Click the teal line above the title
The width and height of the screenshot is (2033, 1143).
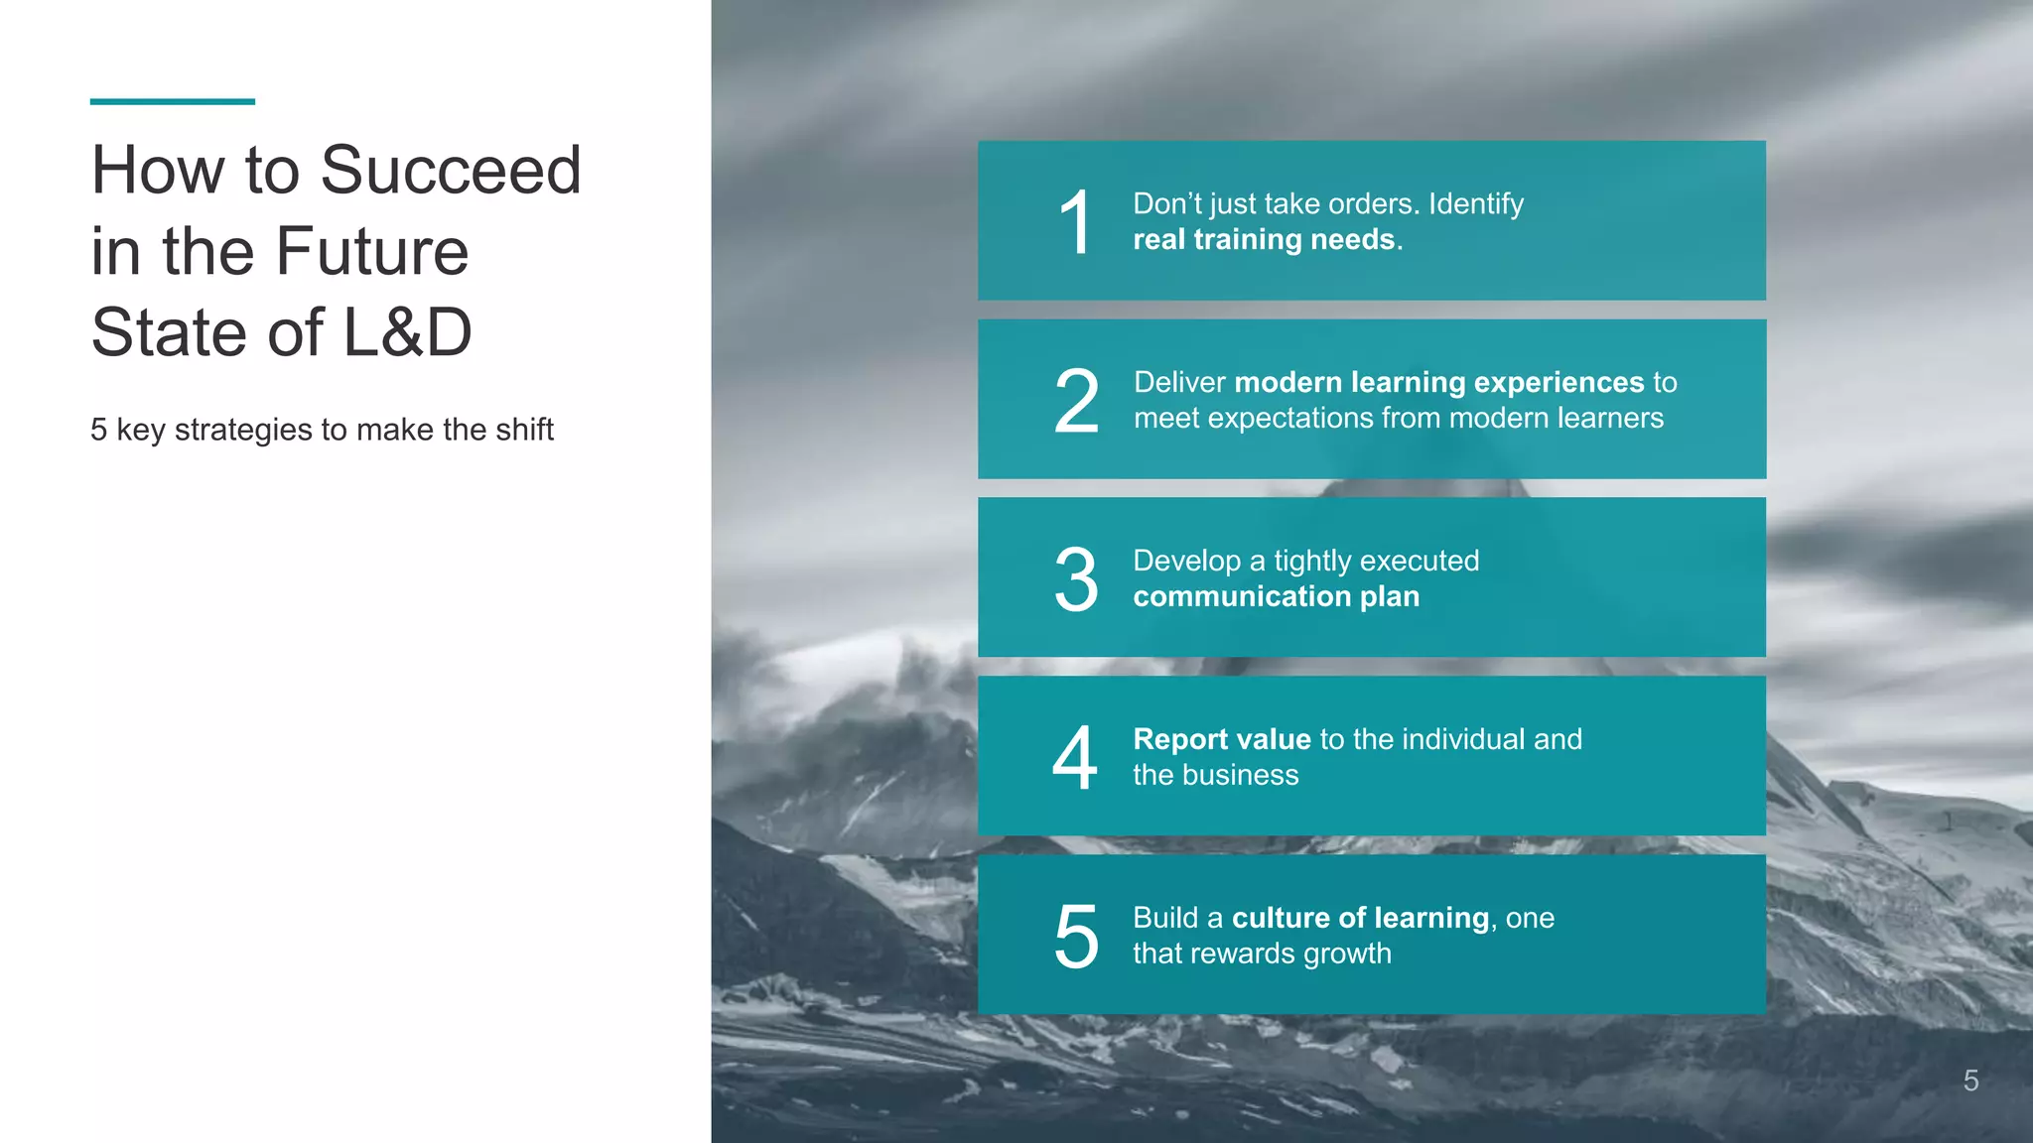pos(172,101)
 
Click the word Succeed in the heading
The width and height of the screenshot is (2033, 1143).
pos(451,170)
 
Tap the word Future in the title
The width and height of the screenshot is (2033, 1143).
pos(371,251)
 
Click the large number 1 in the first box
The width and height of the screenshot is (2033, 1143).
pos(1075,223)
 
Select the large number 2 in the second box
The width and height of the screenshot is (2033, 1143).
pos(1076,401)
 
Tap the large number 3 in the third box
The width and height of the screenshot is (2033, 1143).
pos(1076,579)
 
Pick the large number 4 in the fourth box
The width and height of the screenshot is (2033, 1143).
pos(1075,758)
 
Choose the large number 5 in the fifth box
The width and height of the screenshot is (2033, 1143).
pos(1076,937)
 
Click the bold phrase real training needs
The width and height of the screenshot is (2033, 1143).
pos(1265,240)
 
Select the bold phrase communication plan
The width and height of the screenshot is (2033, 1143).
pos(1277,596)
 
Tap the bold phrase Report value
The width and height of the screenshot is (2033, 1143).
pos(1222,739)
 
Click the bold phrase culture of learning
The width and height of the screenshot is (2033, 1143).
pos(1361,918)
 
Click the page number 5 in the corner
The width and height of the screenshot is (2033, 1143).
pos(1970,1080)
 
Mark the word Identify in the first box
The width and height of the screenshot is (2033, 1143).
pos(1475,204)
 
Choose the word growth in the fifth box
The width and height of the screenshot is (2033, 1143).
pos(1347,954)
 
